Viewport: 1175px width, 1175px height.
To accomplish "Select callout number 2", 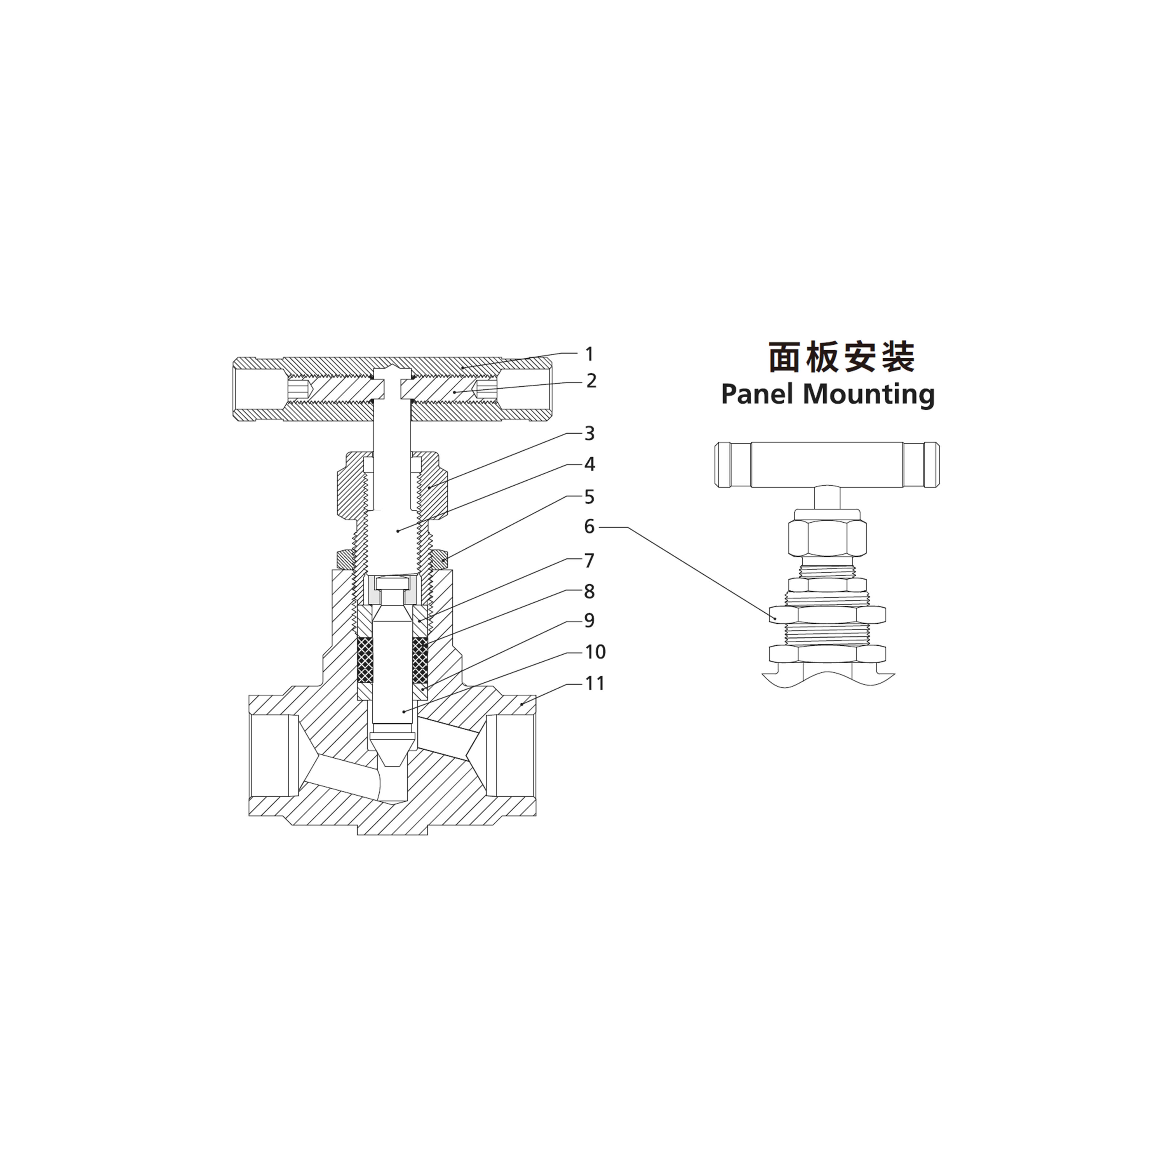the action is pos(591,381).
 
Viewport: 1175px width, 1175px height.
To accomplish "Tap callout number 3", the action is pos(589,434).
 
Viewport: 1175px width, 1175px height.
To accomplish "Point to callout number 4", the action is pos(589,464).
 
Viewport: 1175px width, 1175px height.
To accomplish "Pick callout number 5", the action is pos(589,497).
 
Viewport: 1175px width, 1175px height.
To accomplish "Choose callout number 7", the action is pos(589,561).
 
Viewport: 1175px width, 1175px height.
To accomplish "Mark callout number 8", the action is pos(589,591).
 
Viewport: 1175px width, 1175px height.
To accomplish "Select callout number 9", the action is pos(589,620).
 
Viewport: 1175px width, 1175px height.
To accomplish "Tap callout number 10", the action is pos(595,652).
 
